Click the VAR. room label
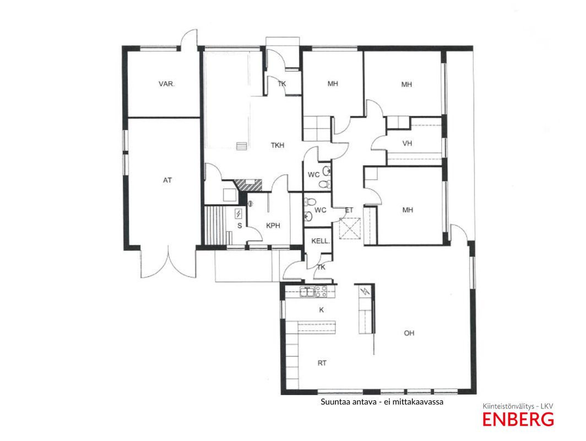[167, 84]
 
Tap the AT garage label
[167, 180]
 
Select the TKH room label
[278, 145]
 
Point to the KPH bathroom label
[273, 225]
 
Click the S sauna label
[240, 226]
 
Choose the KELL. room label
[321, 241]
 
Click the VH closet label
[408, 143]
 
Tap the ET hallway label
[349, 211]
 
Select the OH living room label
[409, 333]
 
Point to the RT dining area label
[322, 363]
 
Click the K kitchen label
[322, 310]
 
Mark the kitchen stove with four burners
[321, 292]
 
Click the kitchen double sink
[307, 292]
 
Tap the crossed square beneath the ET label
[350, 229]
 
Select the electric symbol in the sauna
[238, 213]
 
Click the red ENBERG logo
[518, 420]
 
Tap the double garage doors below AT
[168, 262]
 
